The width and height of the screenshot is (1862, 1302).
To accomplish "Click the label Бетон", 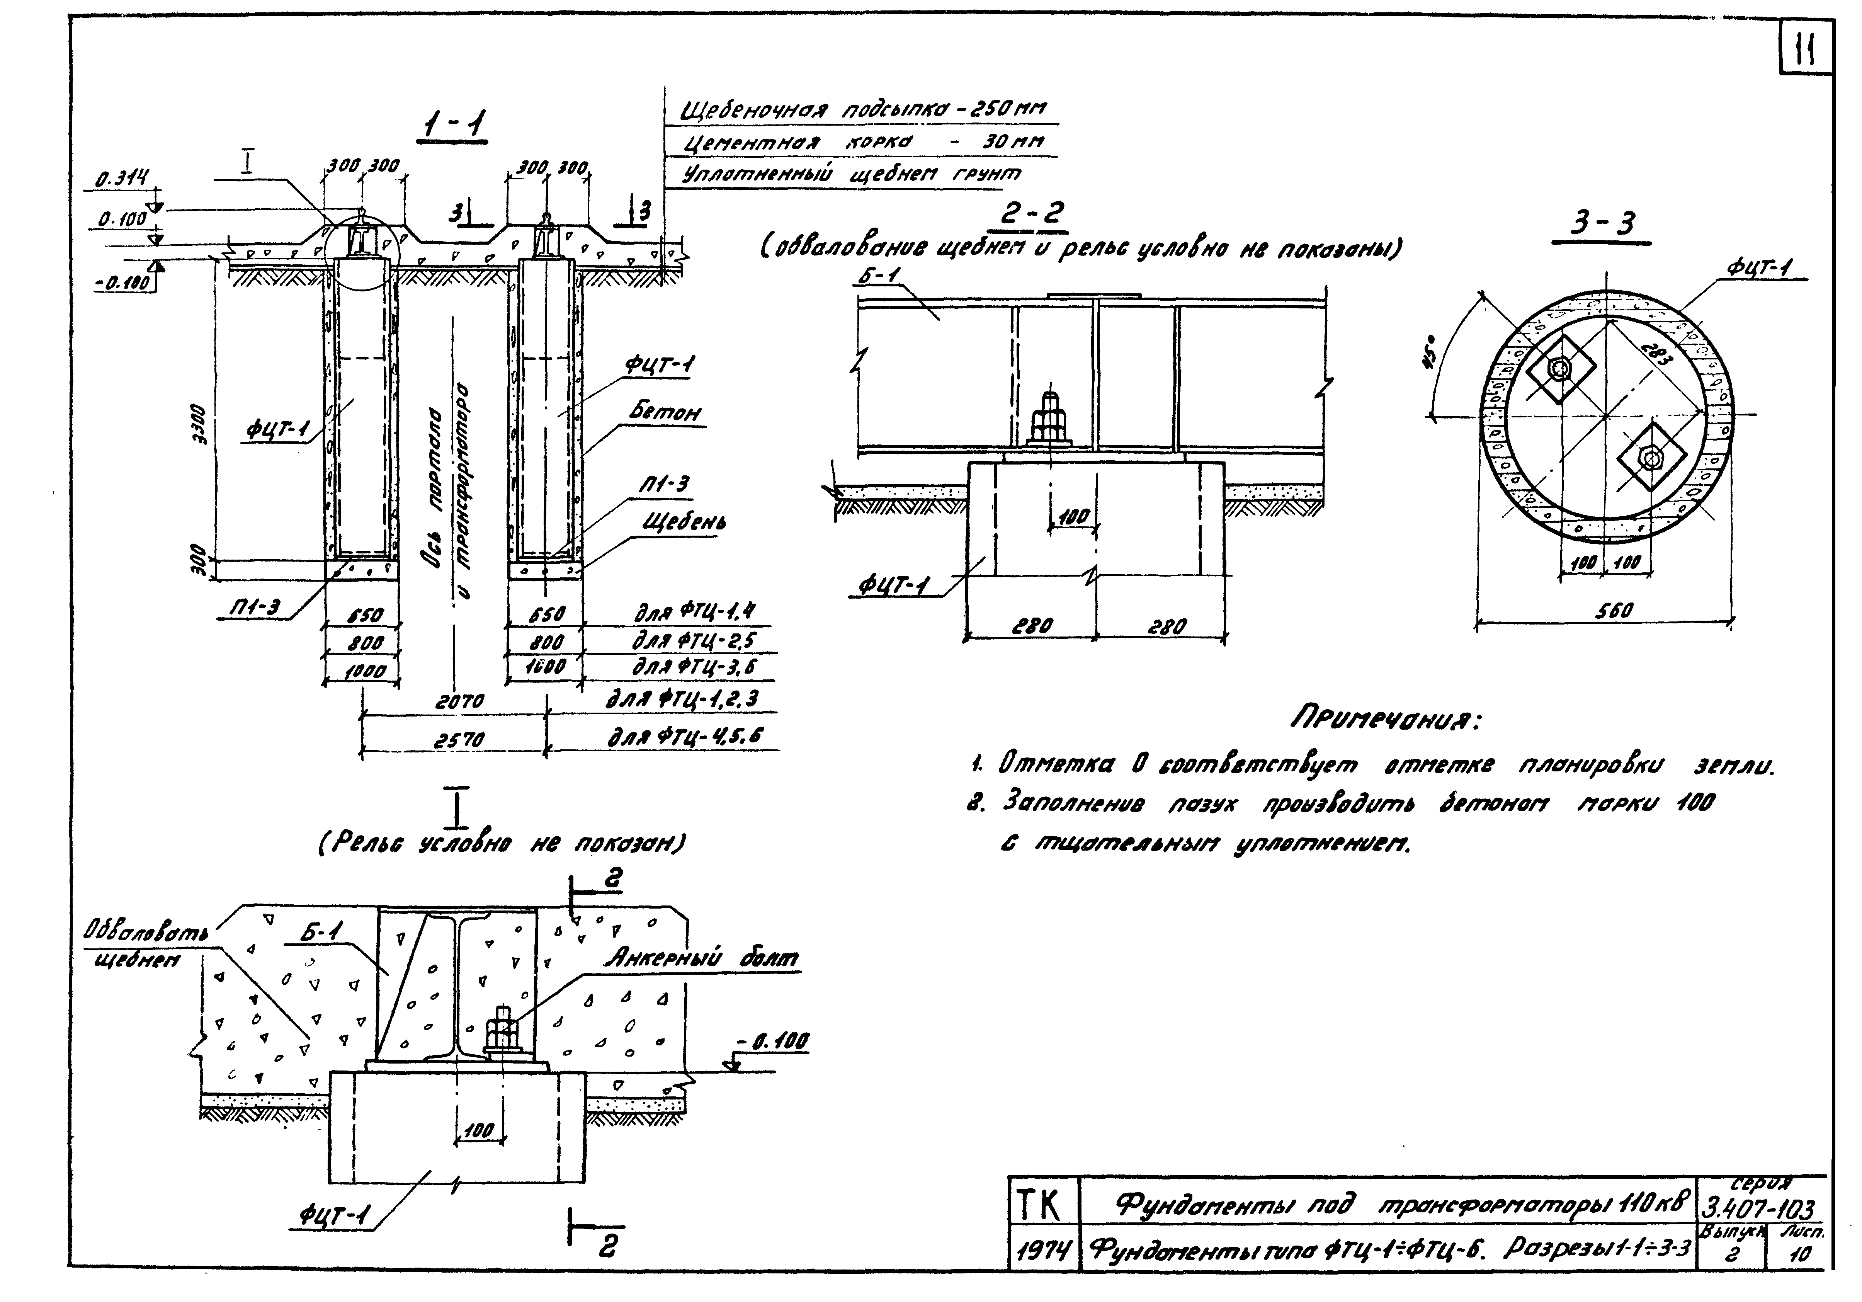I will (x=665, y=413).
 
